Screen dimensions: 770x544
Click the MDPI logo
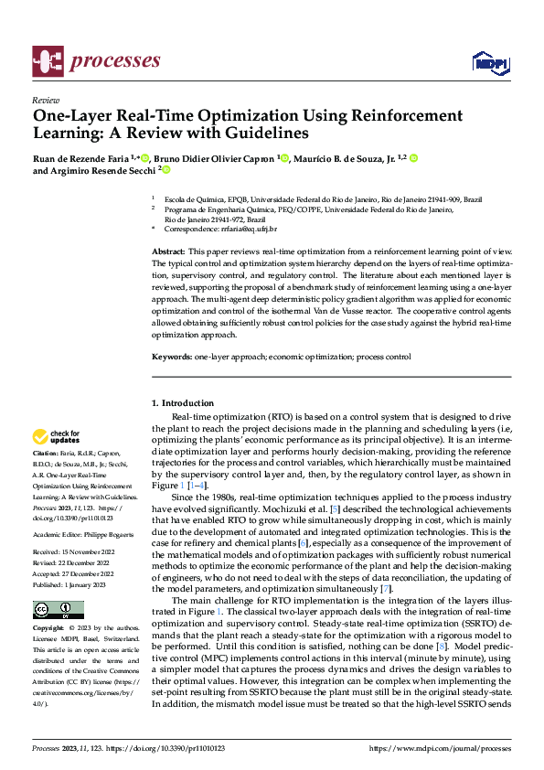488,62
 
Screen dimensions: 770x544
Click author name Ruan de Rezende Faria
80,159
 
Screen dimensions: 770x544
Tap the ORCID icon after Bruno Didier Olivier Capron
284,159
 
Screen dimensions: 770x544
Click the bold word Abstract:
167,250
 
